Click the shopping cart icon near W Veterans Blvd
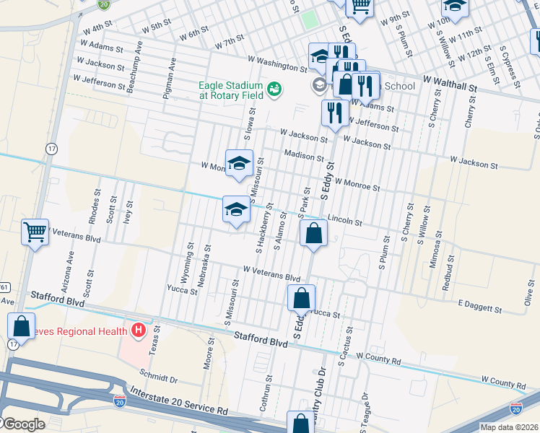tap(35, 232)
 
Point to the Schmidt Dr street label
tap(158, 377)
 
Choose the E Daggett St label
tap(479, 308)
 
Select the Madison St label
tap(304, 156)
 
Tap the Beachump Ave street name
tap(134, 71)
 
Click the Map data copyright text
tap(510, 427)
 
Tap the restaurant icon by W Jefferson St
tap(333, 113)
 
